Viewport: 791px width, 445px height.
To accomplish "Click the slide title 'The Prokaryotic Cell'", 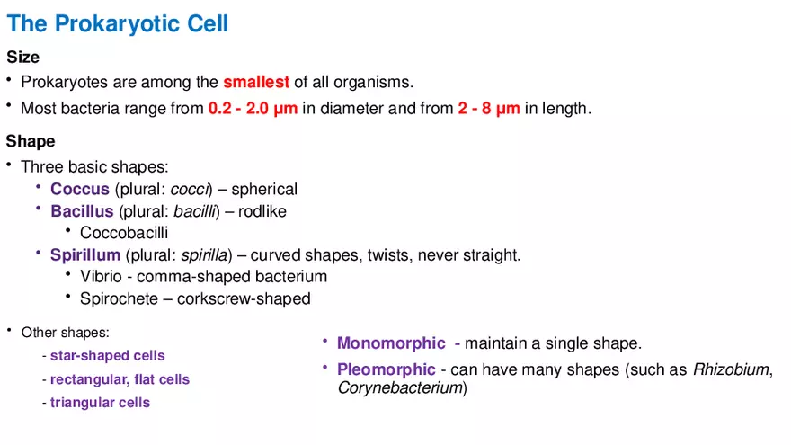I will coord(118,23).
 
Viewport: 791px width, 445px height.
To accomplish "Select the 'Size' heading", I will coord(23,58).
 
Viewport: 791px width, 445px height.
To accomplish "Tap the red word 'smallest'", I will coord(256,83).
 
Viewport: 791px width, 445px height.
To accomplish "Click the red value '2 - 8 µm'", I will coord(489,109).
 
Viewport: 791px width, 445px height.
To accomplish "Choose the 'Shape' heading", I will coord(31,141).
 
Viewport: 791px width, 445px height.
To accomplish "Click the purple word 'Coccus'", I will coord(80,190).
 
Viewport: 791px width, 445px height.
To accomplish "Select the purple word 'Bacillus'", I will coord(82,212).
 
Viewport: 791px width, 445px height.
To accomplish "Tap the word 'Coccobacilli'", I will coord(124,234).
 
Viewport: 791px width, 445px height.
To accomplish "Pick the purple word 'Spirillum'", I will coord(85,255).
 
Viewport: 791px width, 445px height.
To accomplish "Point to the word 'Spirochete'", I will coord(117,298).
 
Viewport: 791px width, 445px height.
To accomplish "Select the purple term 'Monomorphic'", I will coord(391,343).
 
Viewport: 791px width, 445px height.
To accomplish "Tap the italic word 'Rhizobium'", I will coord(731,369).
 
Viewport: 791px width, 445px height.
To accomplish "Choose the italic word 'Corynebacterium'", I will coord(400,388).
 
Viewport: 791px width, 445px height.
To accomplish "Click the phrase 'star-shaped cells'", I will coord(107,356).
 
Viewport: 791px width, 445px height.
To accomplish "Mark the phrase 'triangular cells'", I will coord(100,403).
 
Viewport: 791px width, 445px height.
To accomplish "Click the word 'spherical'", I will coord(264,190).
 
